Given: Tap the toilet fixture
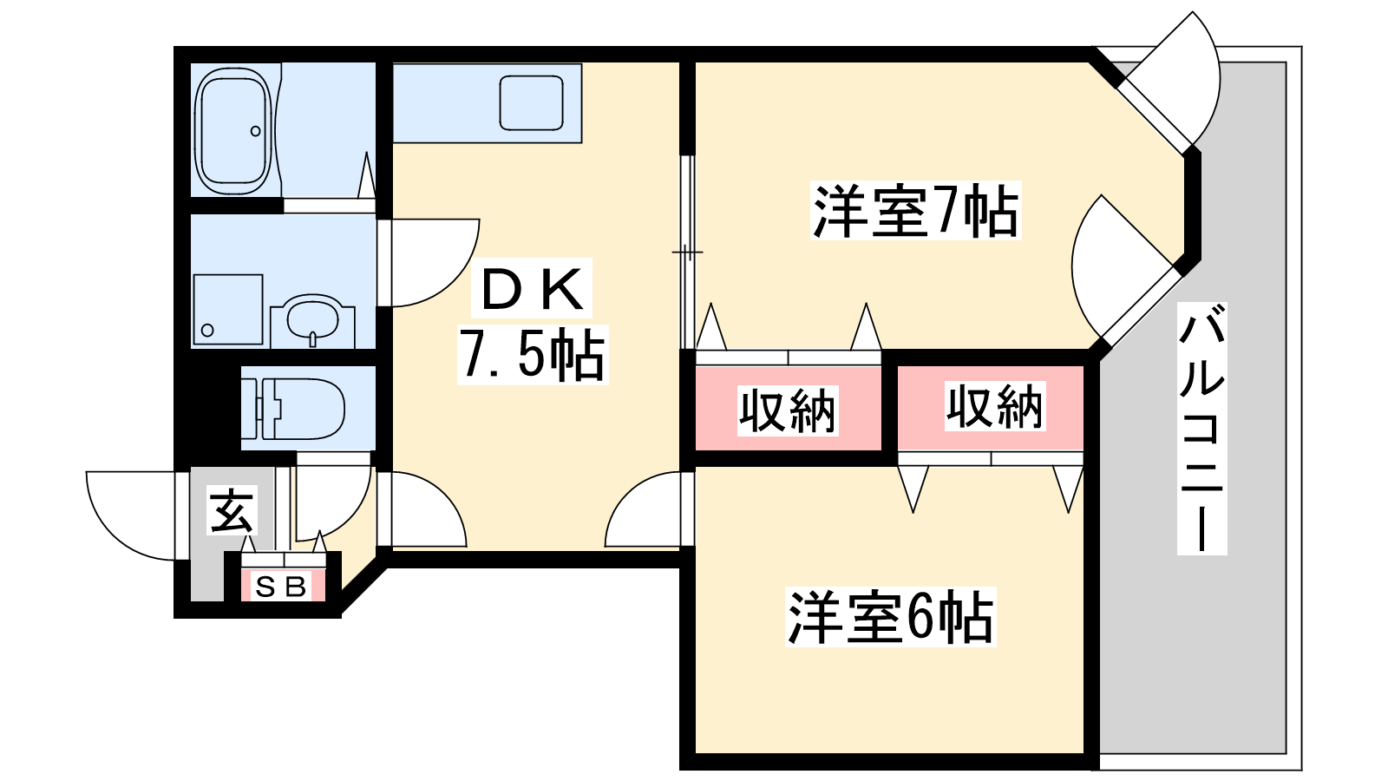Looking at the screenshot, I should tap(299, 408).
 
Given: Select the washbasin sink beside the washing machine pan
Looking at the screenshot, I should tap(312, 318).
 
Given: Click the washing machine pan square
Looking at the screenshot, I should tap(227, 310).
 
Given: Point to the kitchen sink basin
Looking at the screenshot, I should tap(532, 102).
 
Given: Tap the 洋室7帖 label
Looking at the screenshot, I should tap(915, 211).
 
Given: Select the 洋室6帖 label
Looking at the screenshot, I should tap(890, 617).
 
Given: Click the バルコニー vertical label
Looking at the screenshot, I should tap(1201, 428).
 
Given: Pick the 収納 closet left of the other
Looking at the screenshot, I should tap(788, 410).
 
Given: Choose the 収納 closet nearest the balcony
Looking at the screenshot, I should tap(993, 406).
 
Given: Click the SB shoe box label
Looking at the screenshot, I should tap(282, 587).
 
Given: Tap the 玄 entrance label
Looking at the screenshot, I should tap(232, 511).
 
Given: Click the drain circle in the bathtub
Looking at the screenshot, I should tap(255, 132).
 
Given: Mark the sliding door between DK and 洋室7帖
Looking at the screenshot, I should tap(687, 252).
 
